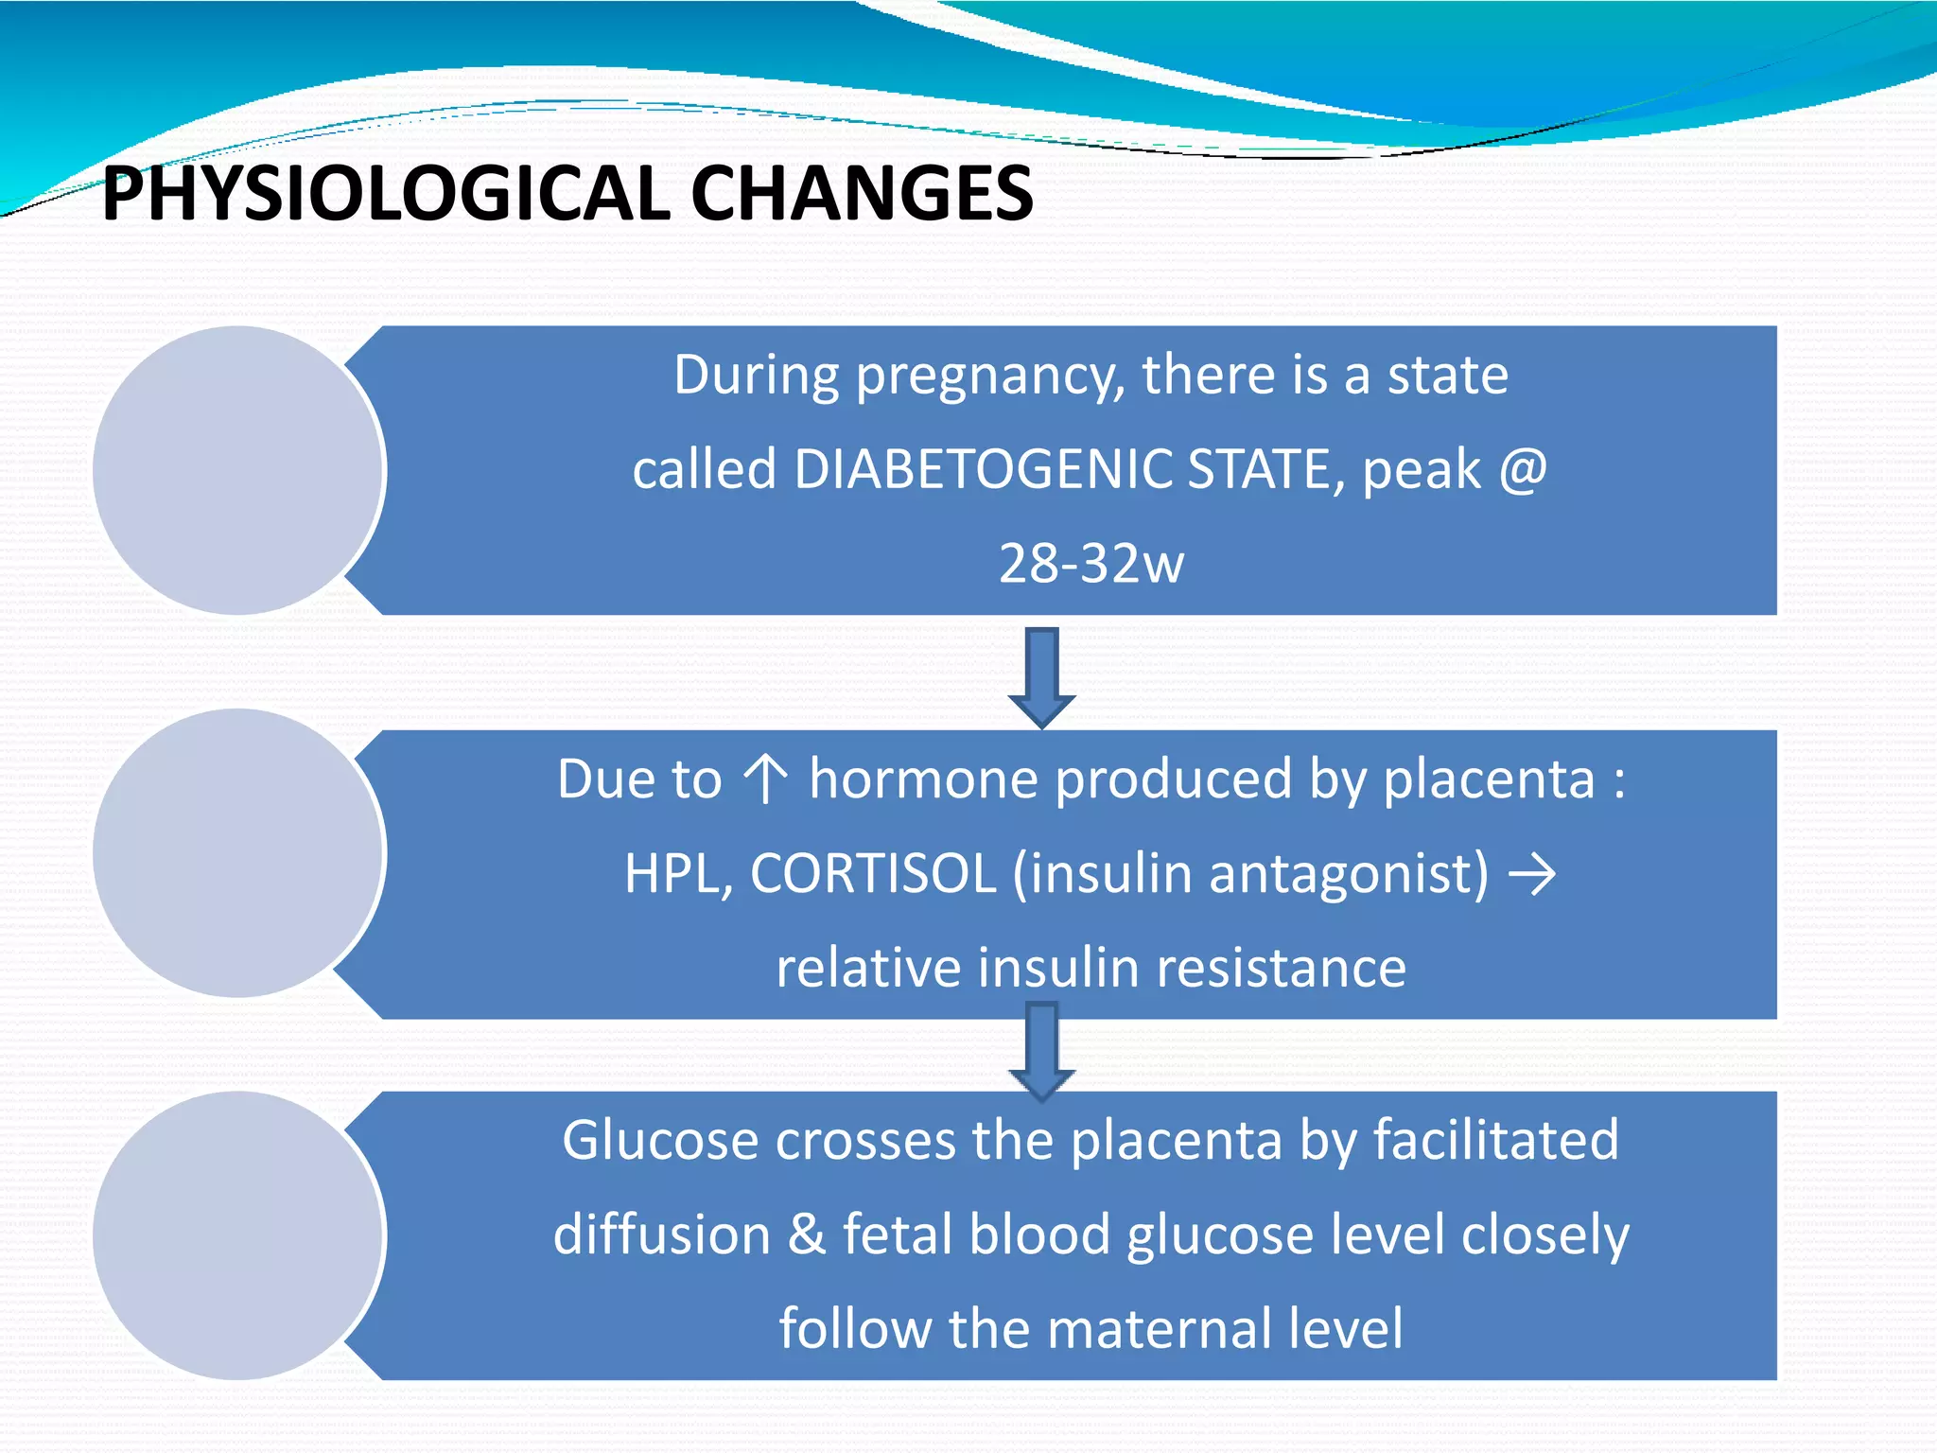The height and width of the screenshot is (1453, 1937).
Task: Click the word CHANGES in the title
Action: [861, 194]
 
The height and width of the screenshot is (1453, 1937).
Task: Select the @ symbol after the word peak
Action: [1522, 469]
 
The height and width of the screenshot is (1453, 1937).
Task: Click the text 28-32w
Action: [1091, 564]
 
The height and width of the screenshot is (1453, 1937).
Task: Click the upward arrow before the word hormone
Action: [764, 779]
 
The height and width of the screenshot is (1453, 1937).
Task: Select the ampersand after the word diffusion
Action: [807, 1234]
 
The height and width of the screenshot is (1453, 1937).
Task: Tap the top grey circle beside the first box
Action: [237, 470]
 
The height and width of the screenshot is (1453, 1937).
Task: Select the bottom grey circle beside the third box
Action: [237, 1235]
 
